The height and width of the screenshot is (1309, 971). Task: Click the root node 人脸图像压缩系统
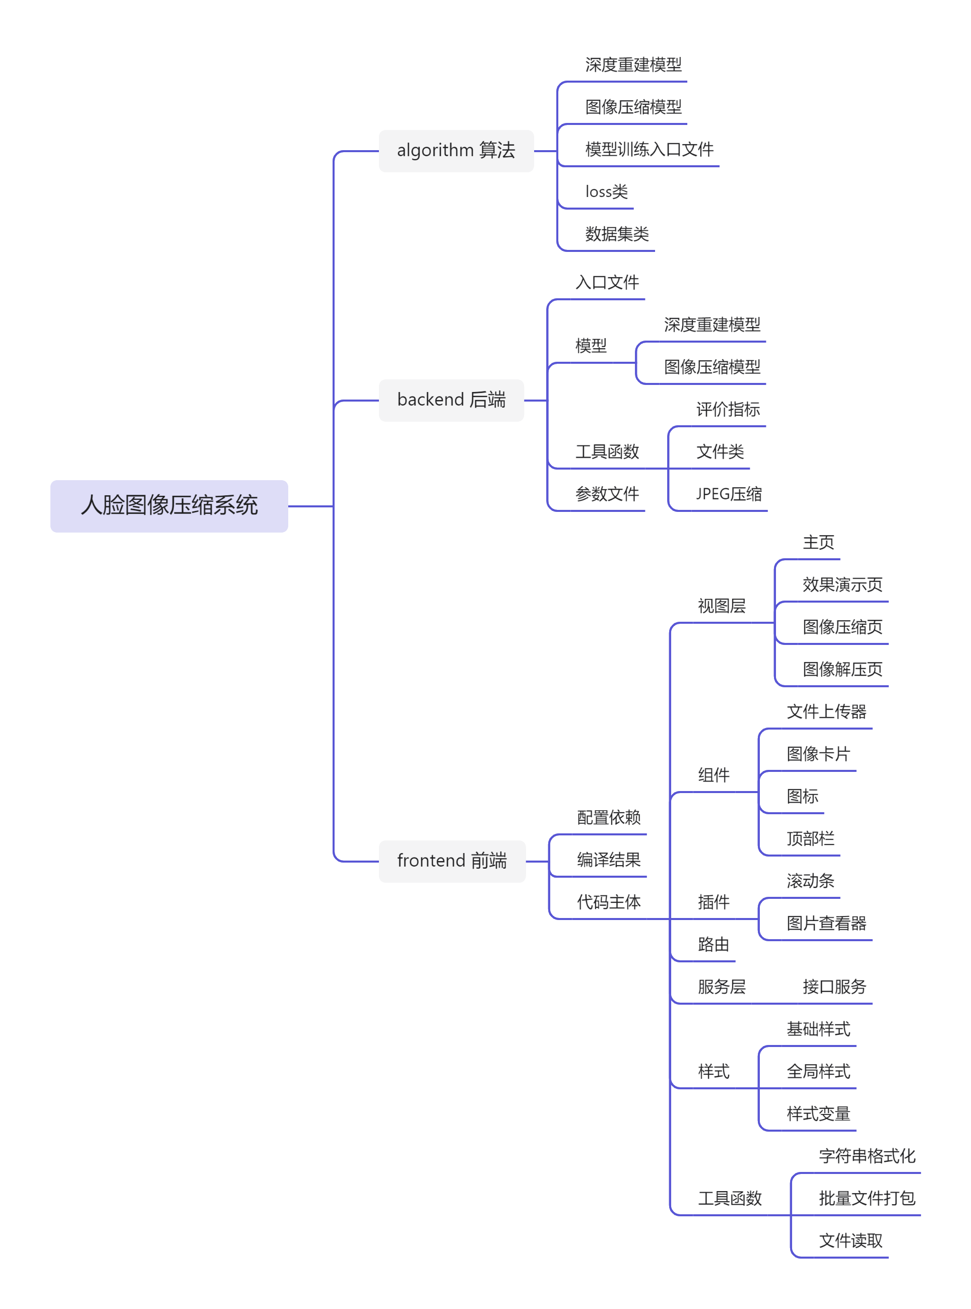click(169, 505)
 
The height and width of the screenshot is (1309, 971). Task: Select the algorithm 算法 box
click(456, 151)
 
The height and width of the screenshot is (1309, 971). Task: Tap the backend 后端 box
click(451, 400)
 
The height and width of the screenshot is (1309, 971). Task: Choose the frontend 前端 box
click(451, 861)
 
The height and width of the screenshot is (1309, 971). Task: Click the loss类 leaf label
click(606, 191)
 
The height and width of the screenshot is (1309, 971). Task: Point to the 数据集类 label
click(617, 234)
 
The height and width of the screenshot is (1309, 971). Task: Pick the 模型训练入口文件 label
click(649, 149)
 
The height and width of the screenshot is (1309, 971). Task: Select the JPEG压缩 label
click(729, 494)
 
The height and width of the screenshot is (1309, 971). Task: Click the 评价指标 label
click(728, 409)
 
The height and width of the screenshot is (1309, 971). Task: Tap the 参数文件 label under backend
click(607, 494)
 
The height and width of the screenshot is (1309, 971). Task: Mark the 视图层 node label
click(721, 606)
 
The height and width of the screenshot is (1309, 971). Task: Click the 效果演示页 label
click(843, 584)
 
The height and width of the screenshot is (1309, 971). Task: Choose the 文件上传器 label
click(826, 711)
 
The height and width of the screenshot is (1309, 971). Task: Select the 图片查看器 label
click(826, 923)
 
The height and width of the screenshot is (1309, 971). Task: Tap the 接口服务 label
click(834, 987)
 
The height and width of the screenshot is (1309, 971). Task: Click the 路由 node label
click(713, 944)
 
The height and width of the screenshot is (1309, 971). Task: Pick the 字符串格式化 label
click(867, 1156)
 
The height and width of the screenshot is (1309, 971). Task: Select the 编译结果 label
click(608, 860)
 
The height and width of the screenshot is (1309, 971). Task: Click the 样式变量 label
click(818, 1114)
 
